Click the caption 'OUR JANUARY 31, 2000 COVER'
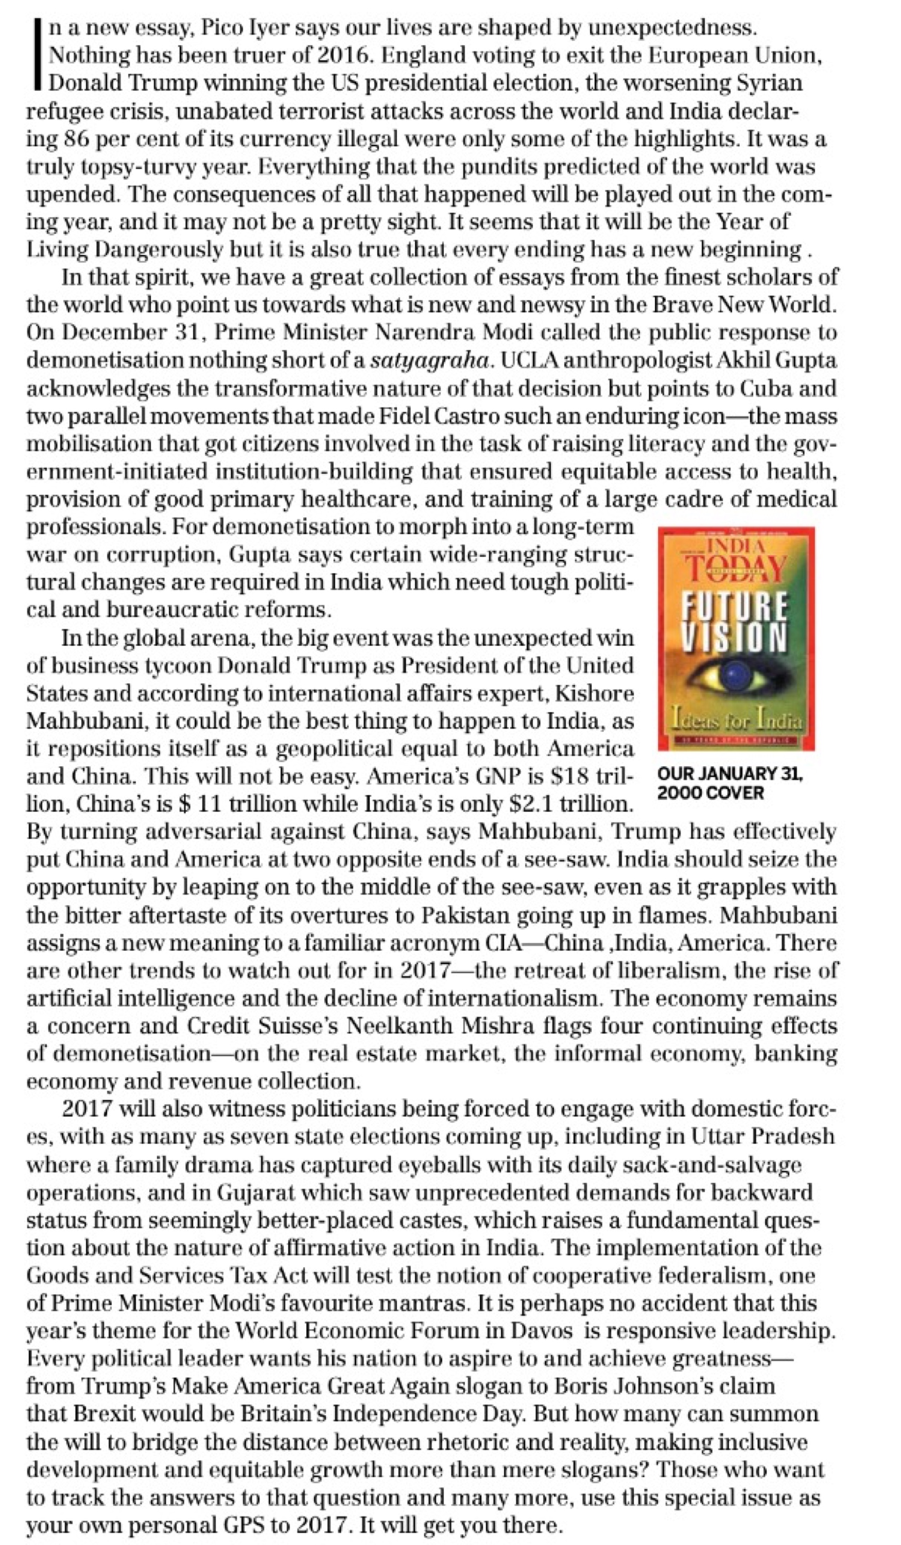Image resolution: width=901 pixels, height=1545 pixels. [x=730, y=783]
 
